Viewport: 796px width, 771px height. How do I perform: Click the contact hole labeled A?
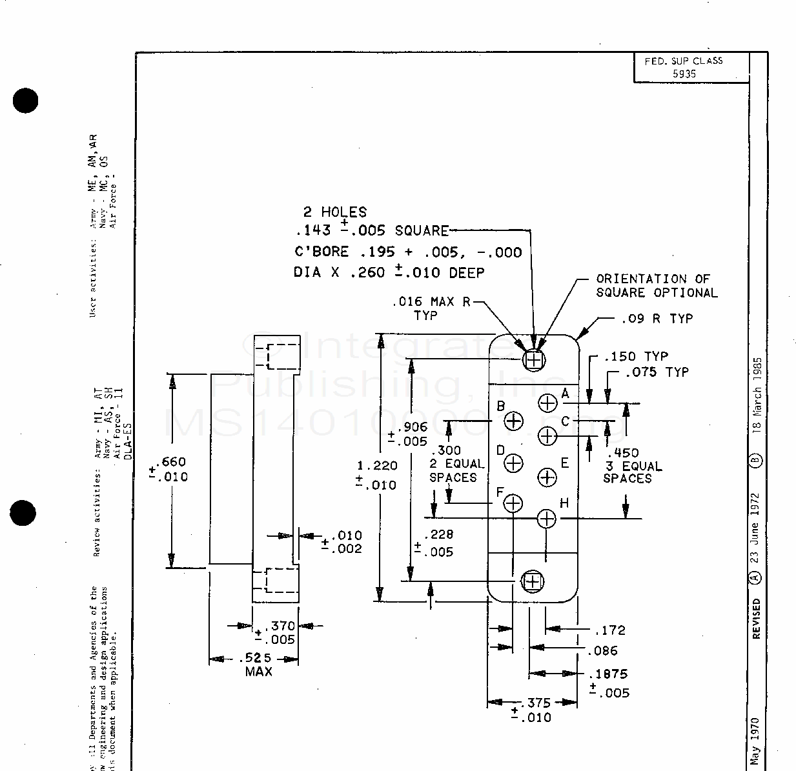[547, 403]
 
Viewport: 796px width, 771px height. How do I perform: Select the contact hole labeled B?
[513, 421]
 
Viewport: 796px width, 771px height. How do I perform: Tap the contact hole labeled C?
[547, 437]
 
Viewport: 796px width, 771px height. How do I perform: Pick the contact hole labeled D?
[513, 463]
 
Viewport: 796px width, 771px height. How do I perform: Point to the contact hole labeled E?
[547, 477]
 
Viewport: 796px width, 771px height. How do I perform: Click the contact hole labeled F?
[513, 503]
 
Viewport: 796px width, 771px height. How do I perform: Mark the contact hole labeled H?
[547, 519]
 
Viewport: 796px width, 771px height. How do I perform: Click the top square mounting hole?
[534, 359]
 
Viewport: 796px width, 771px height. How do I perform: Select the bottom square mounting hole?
[533, 582]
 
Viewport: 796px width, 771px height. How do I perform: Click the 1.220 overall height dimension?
[377, 466]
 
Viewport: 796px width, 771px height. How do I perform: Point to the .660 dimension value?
[173, 461]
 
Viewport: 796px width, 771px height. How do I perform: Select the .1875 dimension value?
[609, 674]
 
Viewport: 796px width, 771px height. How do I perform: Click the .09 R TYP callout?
[657, 319]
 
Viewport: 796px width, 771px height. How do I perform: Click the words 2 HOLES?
[335, 212]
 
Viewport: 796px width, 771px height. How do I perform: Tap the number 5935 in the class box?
[684, 74]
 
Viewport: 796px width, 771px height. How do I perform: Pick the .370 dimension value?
[282, 626]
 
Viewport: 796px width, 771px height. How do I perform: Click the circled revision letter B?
[757, 461]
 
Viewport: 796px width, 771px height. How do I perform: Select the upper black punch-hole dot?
[25, 101]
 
